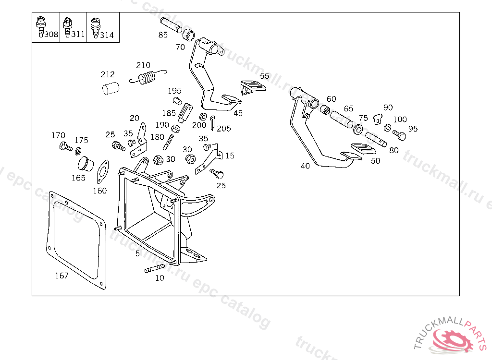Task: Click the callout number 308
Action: click(x=51, y=35)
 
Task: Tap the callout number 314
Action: click(x=107, y=35)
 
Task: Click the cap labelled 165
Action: click(x=86, y=164)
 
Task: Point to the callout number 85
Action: click(x=163, y=35)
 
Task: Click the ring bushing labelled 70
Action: click(x=189, y=35)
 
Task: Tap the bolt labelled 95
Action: click(x=399, y=135)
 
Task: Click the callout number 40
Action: click(x=305, y=166)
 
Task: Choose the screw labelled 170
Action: click(x=63, y=145)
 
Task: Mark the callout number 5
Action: click(x=137, y=253)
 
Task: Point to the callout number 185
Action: click(x=169, y=113)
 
